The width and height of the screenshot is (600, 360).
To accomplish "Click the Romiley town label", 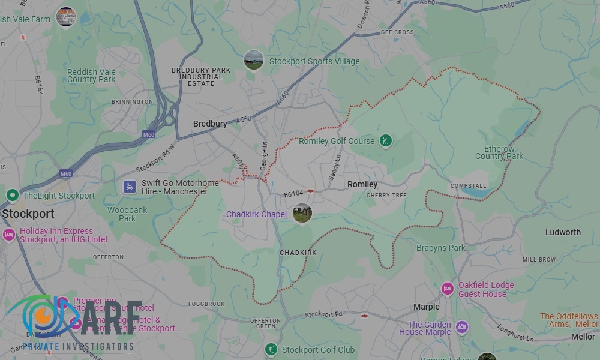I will [362, 184].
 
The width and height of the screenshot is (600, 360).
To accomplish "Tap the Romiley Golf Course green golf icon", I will [386, 142].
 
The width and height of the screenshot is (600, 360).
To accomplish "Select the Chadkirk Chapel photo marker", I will [302, 213].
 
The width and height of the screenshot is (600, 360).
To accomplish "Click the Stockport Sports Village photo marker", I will [254, 60].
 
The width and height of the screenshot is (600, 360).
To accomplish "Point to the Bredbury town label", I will [210, 124].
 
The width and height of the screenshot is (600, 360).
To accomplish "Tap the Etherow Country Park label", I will [499, 152].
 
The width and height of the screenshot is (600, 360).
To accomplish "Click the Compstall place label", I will [468, 185].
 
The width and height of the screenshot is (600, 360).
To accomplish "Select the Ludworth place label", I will [563, 232].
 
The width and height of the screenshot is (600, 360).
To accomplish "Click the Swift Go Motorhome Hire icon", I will [129, 187].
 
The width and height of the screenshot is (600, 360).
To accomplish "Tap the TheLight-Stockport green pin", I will [12, 195].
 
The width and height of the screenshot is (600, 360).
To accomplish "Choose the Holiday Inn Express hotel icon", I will [9, 235].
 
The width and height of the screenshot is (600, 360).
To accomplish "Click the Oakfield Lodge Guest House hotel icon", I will [447, 289].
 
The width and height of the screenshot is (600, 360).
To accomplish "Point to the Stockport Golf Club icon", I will [271, 350].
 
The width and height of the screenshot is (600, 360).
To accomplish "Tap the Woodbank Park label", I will [127, 214].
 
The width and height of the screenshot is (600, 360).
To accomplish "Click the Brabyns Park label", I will [441, 248].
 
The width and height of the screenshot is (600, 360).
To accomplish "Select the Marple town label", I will [427, 307].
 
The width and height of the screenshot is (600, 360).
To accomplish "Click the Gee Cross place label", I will [397, 32].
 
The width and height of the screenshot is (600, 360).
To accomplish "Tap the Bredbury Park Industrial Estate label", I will [201, 77].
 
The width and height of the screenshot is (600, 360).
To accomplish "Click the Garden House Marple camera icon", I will [462, 327].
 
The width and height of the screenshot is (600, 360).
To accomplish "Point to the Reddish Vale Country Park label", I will [91, 76].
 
